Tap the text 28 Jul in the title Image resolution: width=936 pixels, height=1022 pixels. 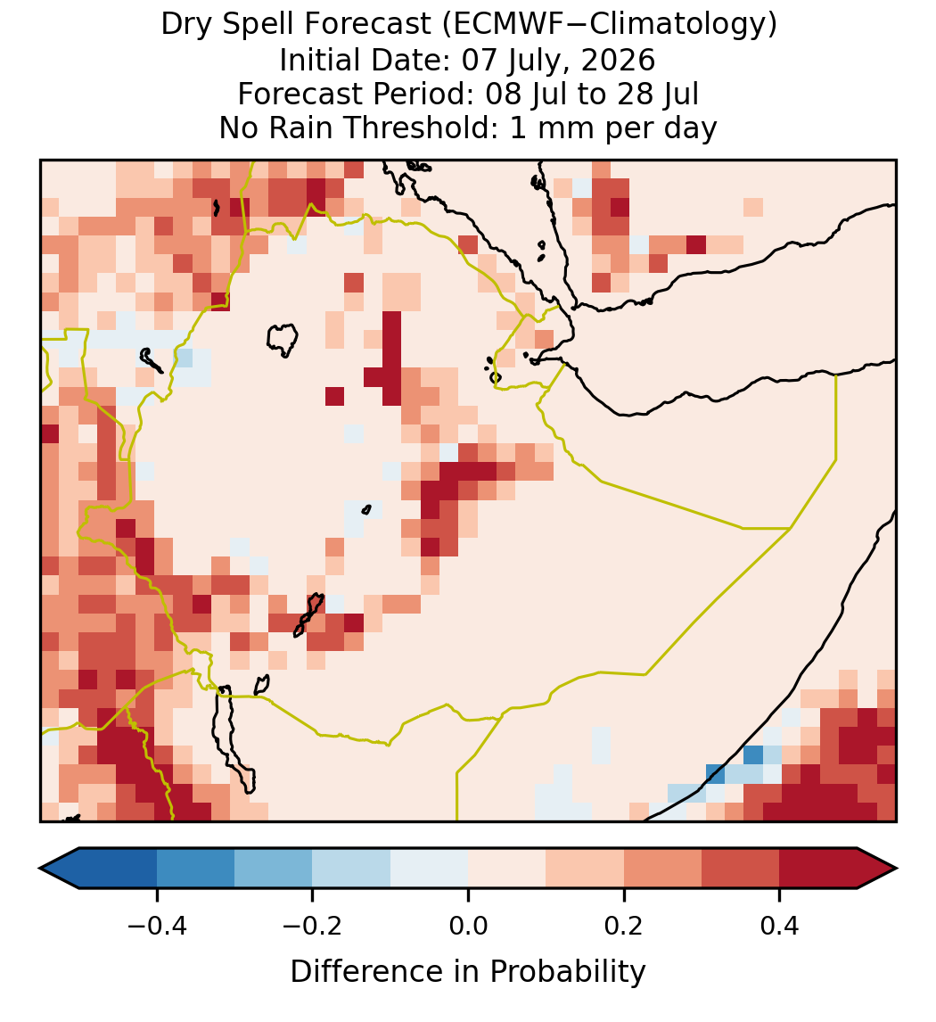658,94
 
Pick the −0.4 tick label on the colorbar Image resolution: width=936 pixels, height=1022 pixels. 157,926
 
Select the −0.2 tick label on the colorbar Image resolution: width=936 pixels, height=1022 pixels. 313,926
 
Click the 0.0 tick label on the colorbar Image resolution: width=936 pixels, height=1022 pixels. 468,926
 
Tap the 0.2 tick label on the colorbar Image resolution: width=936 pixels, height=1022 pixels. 624,926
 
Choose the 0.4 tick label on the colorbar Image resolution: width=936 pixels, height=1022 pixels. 780,926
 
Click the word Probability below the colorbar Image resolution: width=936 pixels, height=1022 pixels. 568,972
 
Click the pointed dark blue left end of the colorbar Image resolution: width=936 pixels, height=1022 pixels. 60,869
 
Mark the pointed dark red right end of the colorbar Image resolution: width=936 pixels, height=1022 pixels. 877,869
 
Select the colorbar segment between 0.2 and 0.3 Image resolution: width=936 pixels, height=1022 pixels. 662,869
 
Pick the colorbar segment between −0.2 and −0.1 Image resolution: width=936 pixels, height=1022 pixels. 351,869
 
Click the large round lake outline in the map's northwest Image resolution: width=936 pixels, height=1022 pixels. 283,340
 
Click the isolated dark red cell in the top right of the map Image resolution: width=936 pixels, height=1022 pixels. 696,245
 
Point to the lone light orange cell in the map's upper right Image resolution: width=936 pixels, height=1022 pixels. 753,207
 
